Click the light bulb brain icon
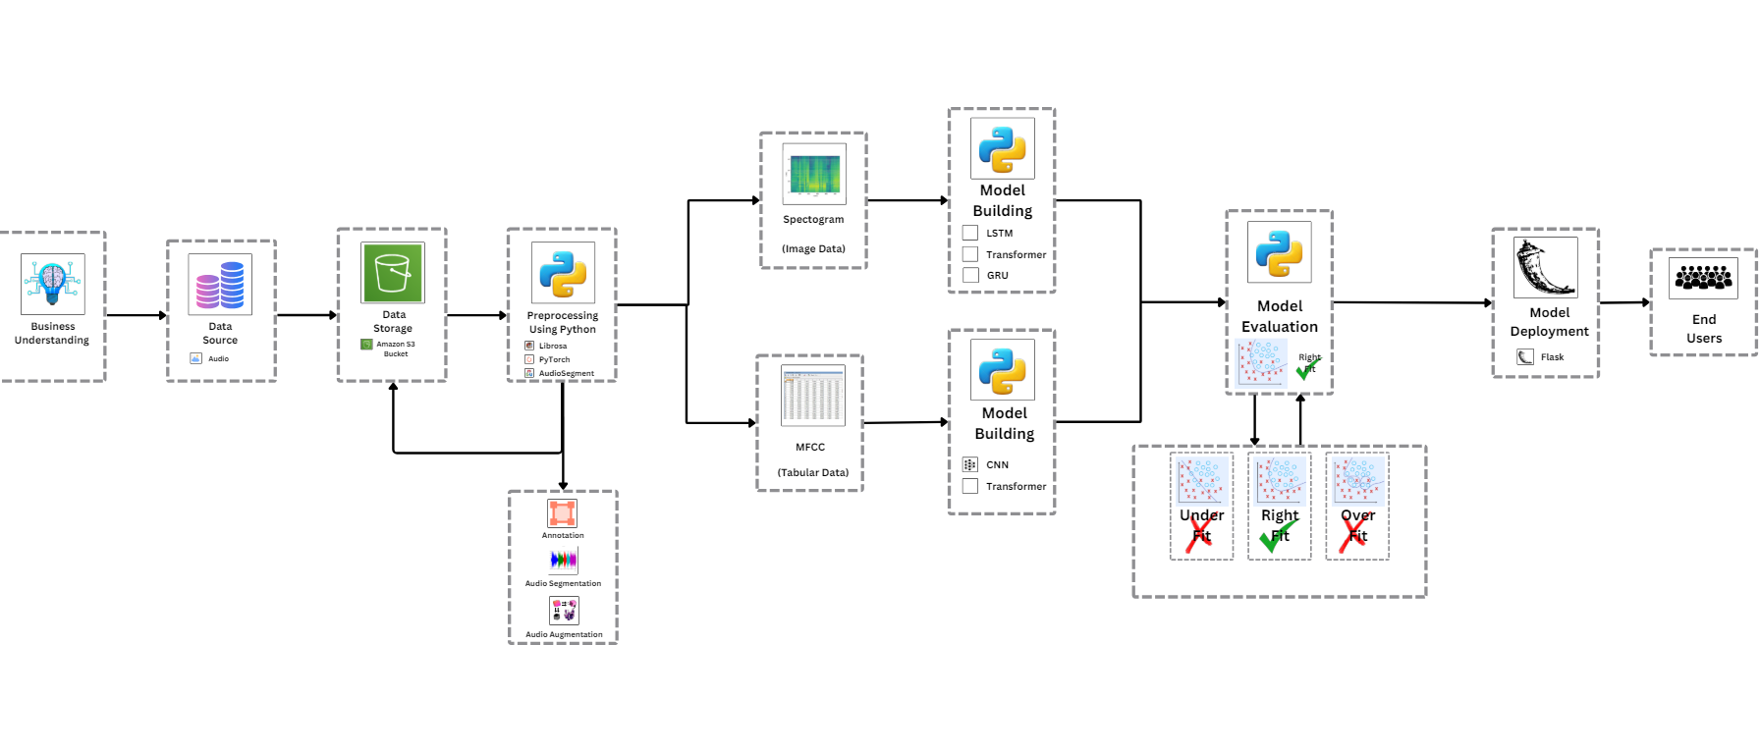53,283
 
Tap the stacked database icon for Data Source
220,285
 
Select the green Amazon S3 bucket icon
393,273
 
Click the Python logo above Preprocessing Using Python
563,272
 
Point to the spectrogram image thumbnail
813,174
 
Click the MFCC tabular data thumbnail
812,396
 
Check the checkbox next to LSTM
970,233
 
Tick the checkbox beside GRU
970,275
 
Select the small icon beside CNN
970,464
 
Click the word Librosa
553,346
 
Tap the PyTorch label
554,359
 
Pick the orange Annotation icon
563,513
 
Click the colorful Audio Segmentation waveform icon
564,561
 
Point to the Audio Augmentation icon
564,611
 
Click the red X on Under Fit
1199,536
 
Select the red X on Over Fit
1353,536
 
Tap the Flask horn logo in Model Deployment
1545,267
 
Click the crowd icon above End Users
1703,278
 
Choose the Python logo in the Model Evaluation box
1279,252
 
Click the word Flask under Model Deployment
1552,357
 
